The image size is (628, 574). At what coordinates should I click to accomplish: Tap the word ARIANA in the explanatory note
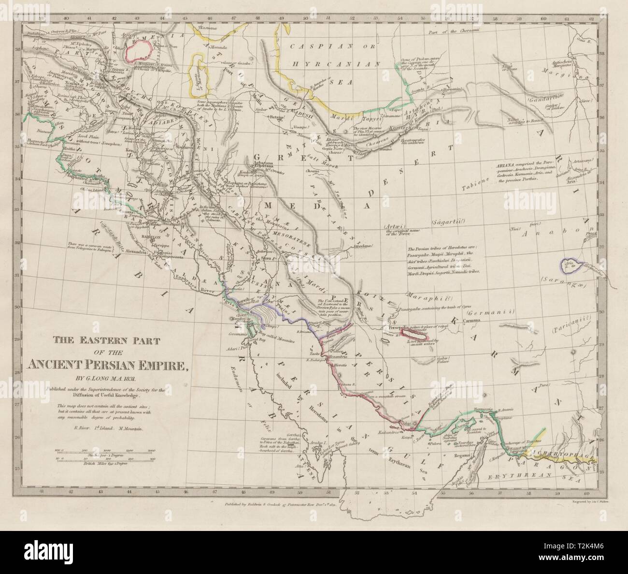504,165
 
